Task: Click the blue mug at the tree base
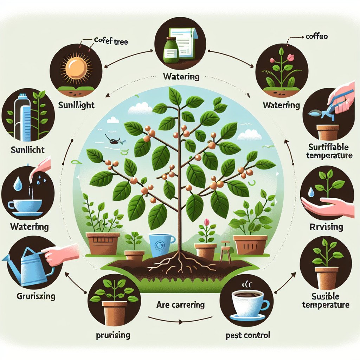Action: pos(161,245)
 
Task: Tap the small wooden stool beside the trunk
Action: pos(225,251)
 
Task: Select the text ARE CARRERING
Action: pos(180,305)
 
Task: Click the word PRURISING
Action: pos(112,335)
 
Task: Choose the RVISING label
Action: pos(327,227)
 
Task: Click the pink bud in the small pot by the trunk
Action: pos(207,223)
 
